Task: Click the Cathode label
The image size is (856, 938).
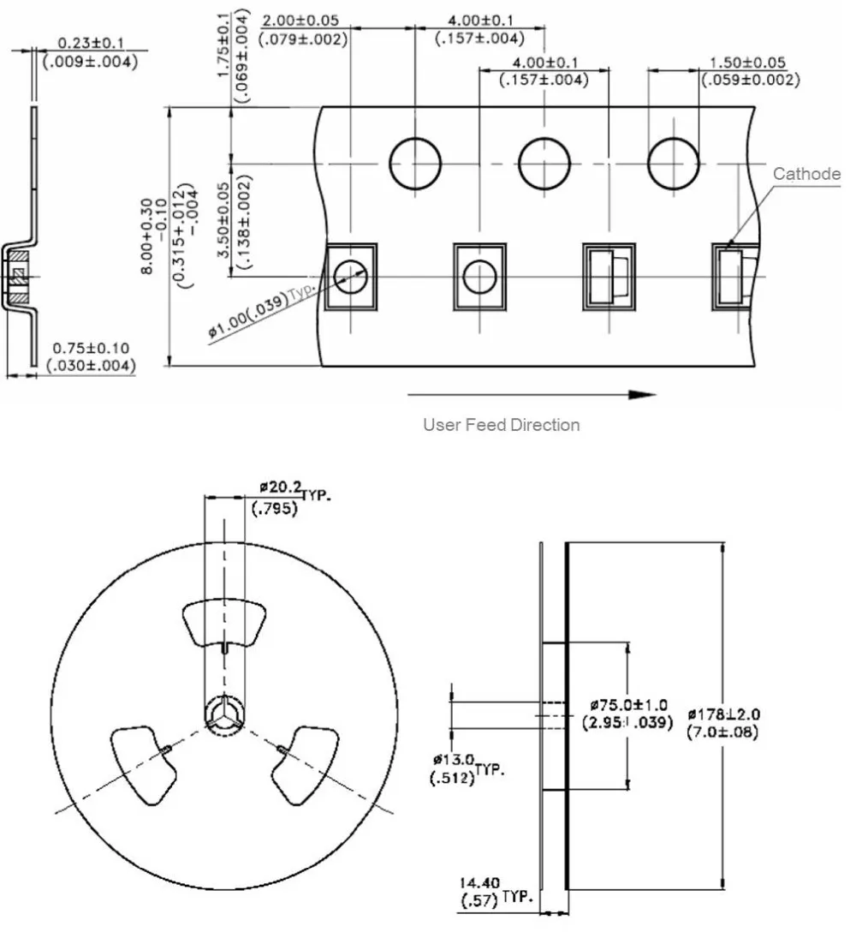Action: (x=806, y=174)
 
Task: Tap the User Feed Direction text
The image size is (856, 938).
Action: (x=501, y=425)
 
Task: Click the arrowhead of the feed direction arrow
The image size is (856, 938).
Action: (x=643, y=394)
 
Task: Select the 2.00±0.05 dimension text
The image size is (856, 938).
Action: (x=300, y=20)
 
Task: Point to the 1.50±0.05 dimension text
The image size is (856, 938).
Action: (x=747, y=63)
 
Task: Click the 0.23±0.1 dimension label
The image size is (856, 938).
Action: (x=90, y=43)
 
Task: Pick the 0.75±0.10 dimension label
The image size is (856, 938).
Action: (x=91, y=348)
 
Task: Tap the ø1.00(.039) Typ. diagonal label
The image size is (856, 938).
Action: (x=262, y=309)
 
